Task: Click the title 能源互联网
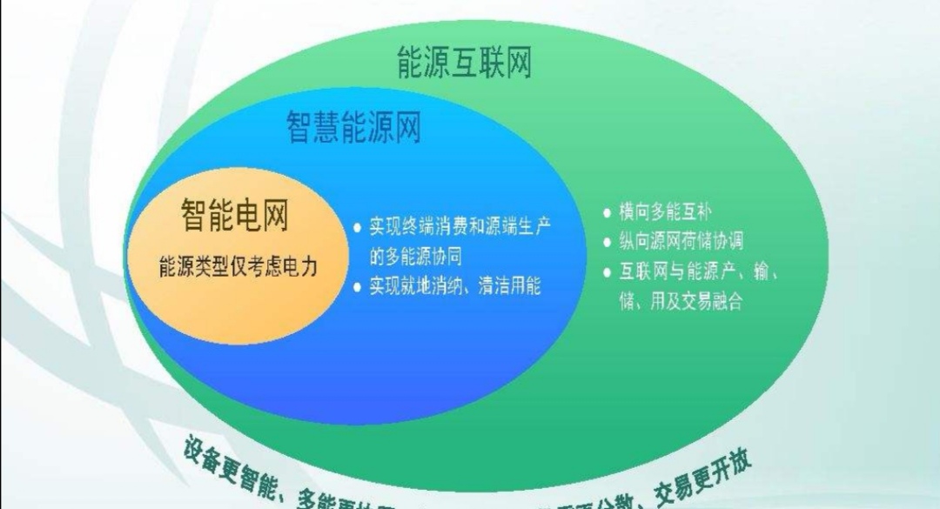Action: click(x=463, y=63)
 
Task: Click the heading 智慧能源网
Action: click(x=354, y=127)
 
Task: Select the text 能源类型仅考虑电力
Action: click(x=238, y=265)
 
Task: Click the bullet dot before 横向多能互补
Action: click(x=608, y=212)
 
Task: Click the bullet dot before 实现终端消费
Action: click(x=357, y=227)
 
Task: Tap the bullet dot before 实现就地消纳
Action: click(x=357, y=286)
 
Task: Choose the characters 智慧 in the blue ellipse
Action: click(x=313, y=127)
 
